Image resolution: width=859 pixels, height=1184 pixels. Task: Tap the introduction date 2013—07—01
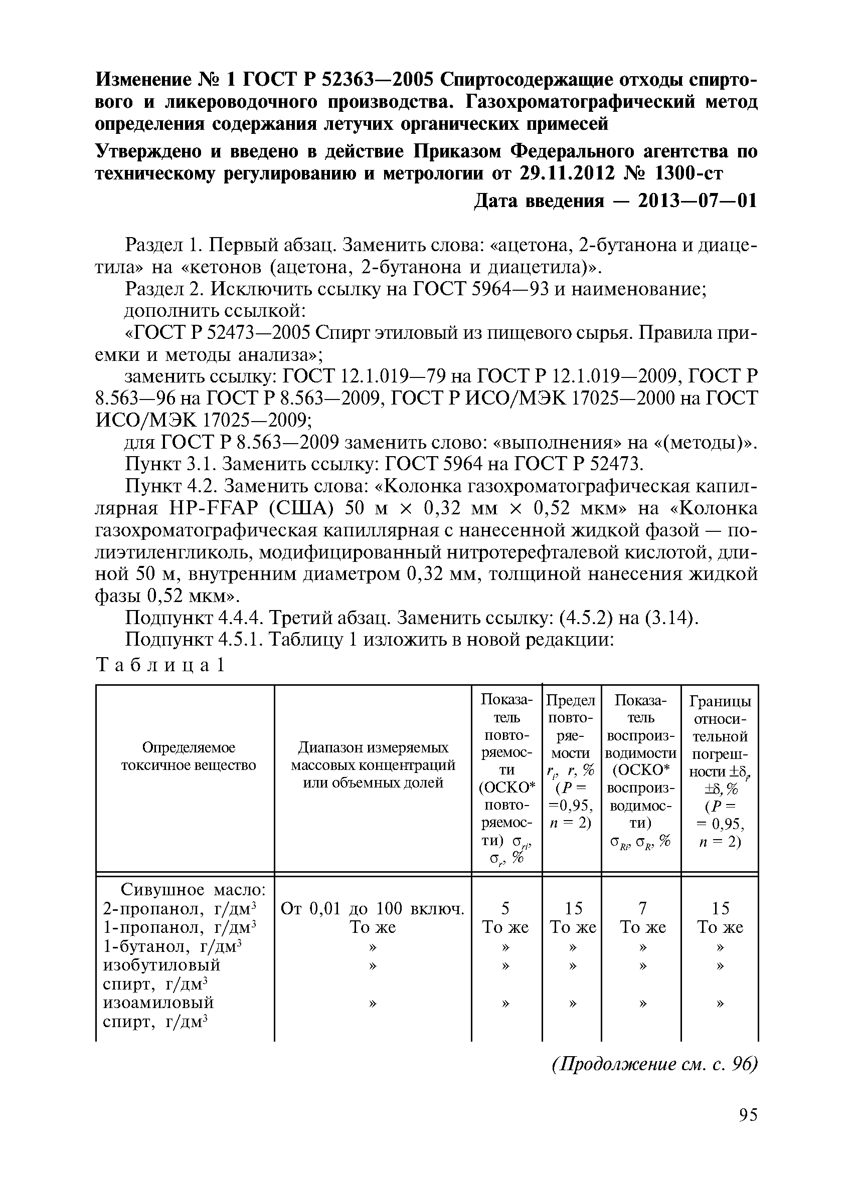697,201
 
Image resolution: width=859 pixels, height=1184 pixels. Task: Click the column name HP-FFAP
215,509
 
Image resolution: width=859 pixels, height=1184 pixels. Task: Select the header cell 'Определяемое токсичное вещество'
189,757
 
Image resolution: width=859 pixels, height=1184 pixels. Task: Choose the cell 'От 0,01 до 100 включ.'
373,909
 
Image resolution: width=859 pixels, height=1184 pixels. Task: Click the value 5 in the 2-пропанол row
505,909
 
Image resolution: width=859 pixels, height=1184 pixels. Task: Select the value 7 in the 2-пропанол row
642,909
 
